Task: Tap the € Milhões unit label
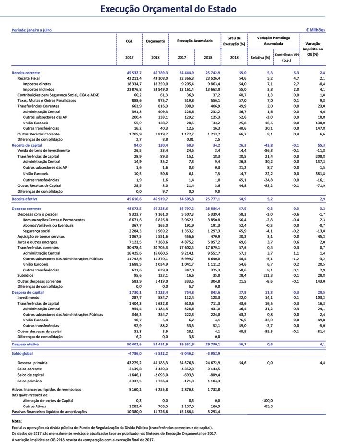315,30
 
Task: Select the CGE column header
129,41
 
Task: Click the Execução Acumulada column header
194,41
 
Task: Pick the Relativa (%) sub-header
260,57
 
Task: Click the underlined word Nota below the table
17,421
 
